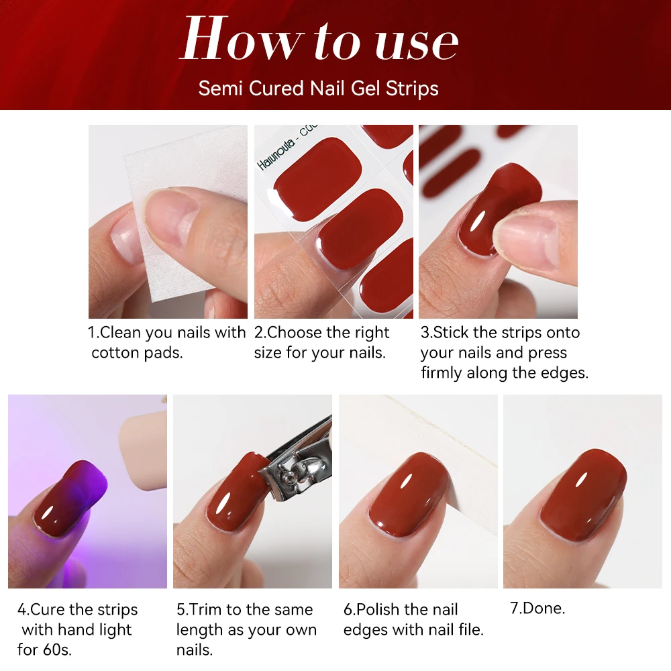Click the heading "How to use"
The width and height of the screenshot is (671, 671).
(319, 42)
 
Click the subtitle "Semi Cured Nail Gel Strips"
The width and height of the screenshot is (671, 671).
(319, 89)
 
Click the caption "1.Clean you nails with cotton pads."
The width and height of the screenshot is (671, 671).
(168, 342)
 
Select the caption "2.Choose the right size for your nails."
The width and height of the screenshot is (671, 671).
(322, 342)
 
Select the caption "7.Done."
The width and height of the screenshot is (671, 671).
(537, 608)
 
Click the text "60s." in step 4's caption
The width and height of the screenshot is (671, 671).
(54, 650)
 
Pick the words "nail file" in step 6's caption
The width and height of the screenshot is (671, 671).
(450, 629)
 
